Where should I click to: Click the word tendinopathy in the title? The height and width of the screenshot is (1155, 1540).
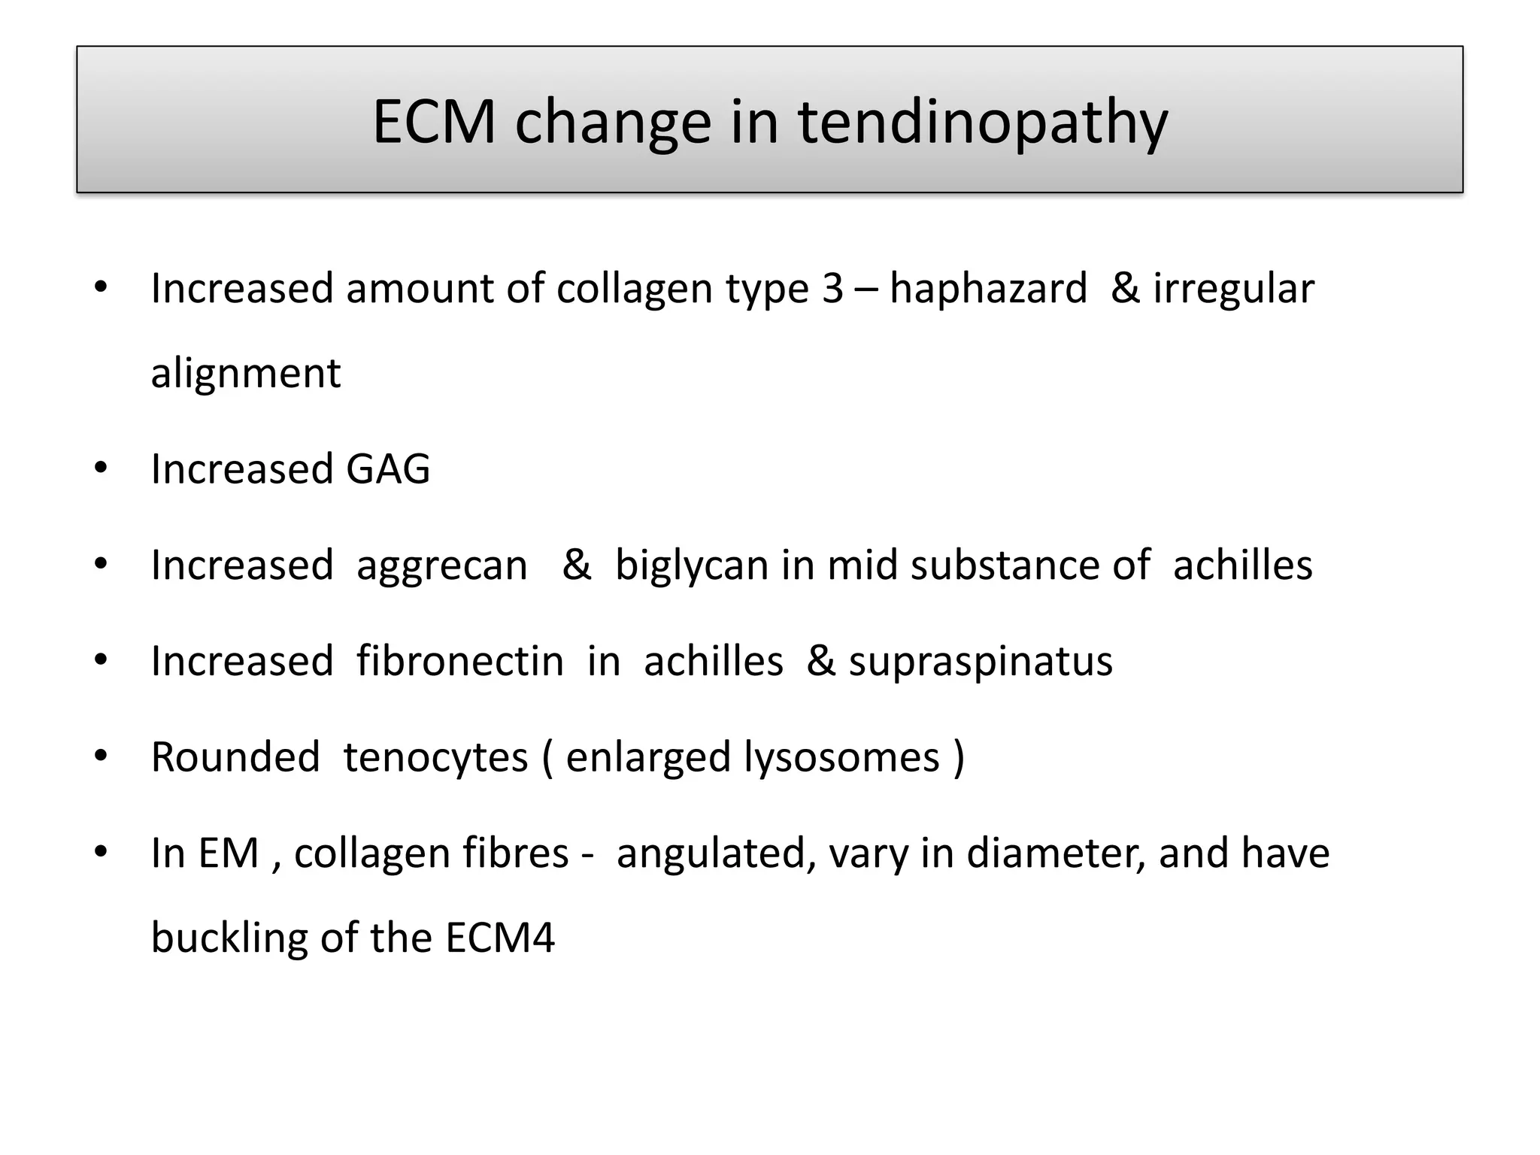tap(983, 123)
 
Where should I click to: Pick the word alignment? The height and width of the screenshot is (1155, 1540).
tap(246, 373)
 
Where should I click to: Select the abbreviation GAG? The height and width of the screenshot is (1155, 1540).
tap(388, 469)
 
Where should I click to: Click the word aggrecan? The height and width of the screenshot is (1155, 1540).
tap(442, 565)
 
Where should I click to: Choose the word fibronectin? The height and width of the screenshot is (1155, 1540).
tap(460, 662)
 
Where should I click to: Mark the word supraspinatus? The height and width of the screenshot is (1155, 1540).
tap(981, 662)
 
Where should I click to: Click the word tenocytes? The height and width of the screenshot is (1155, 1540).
tap(435, 757)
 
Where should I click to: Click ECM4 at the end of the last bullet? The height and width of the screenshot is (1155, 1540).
tap(500, 938)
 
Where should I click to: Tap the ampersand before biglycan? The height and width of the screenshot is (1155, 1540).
tap(577, 565)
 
